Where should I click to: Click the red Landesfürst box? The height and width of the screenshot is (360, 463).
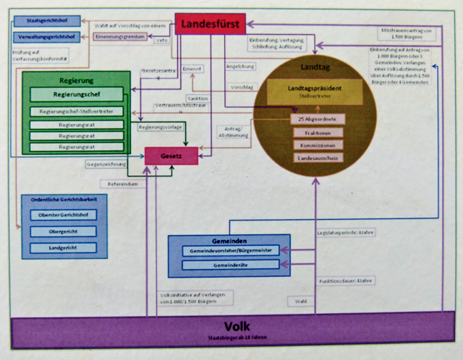211,24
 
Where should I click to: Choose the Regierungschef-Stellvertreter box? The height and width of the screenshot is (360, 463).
77,111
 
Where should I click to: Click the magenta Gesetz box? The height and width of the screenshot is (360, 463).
171,155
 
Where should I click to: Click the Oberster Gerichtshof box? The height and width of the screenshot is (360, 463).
63,215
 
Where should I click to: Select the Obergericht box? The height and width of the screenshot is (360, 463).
63,231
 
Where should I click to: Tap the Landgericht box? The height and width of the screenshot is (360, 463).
63,248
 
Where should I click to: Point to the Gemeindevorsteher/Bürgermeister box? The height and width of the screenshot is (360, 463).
226,250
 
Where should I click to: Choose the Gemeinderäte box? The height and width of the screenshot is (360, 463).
226,265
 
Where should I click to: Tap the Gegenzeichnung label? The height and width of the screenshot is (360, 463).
106,164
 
